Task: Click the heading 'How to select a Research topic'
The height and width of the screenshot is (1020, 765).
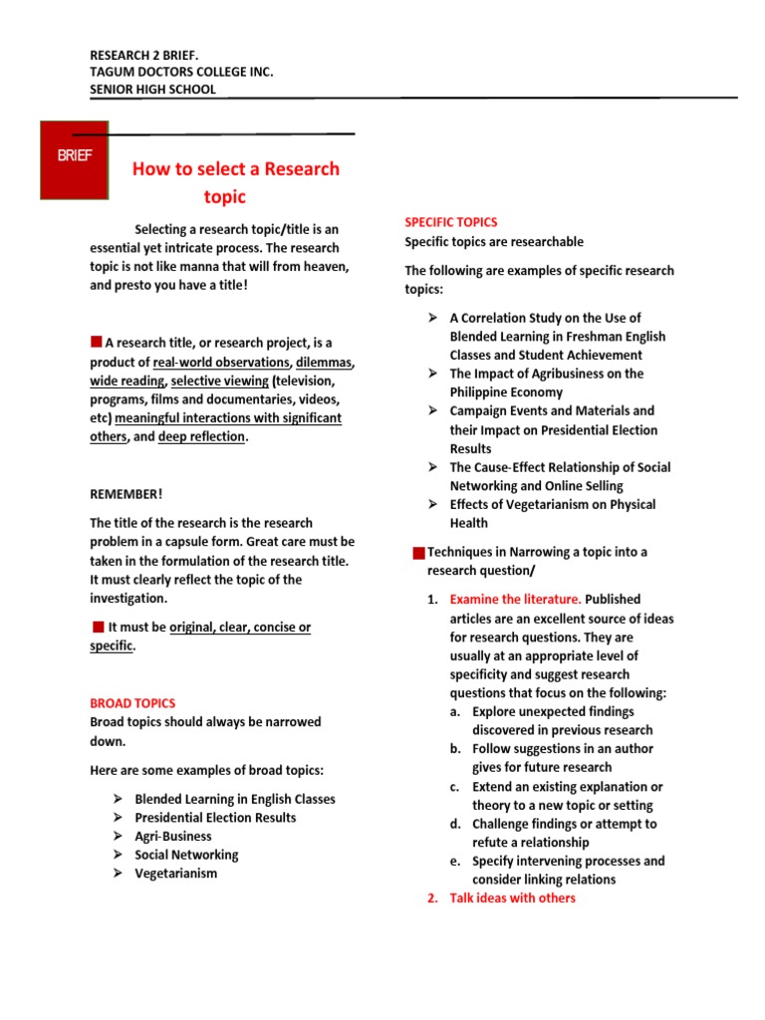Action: [x=236, y=181]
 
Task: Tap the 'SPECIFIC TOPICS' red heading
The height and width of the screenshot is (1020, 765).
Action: [x=450, y=222]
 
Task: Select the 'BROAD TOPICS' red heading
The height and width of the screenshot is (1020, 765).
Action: [x=132, y=703]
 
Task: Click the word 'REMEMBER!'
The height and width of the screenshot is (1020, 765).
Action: [x=126, y=494]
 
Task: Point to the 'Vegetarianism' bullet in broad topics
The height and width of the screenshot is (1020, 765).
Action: [x=175, y=874]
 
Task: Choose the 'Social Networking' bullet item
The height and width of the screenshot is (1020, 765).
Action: [x=186, y=855]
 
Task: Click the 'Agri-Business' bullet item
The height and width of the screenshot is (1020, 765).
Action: [x=173, y=837]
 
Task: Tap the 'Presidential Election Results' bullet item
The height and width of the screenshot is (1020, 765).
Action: [x=215, y=818]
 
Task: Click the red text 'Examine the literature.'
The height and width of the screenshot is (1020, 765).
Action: [x=515, y=600]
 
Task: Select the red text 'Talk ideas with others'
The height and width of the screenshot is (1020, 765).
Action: [x=512, y=898]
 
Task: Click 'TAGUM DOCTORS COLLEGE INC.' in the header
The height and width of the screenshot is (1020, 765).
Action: [x=181, y=72]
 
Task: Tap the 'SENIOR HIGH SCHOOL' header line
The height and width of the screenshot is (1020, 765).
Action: [x=152, y=90]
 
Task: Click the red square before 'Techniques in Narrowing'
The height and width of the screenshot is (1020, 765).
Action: [x=418, y=553]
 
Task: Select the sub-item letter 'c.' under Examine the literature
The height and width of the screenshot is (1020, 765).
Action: [x=455, y=787]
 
